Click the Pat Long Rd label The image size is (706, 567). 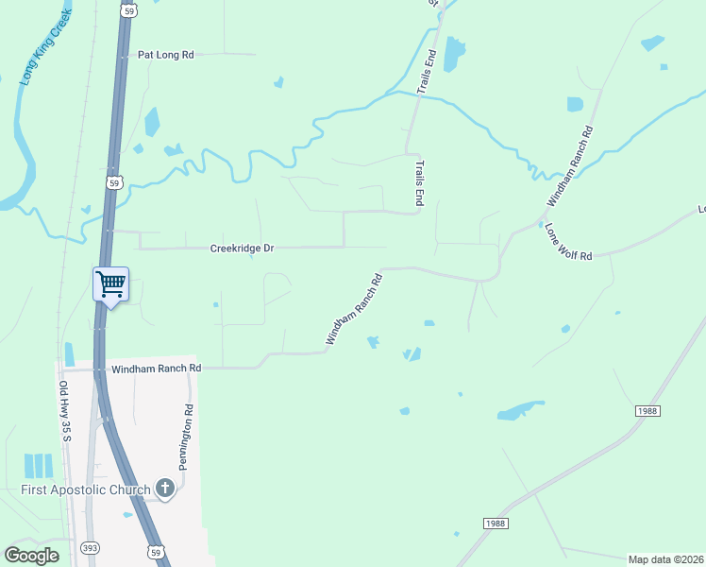click(x=165, y=55)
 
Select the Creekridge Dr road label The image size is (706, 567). click(x=242, y=249)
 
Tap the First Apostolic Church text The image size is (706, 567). click(x=86, y=490)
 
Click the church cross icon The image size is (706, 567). click(x=165, y=489)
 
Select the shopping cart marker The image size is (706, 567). click(x=110, y=283)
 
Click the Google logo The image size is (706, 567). click(x=31, y=555)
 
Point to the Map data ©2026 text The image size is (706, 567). click(x=666, y=559)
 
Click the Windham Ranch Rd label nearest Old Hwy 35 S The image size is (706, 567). click(x=157, y=369)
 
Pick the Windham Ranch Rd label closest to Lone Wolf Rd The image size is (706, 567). click(x=571, y=166)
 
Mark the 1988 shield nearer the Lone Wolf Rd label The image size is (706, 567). click(x=647, y=410)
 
